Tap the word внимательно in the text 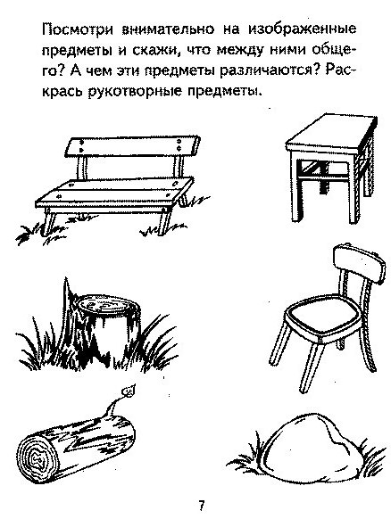tap(169, 29)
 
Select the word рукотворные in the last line tap(136, 91)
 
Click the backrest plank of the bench tap(133, 146)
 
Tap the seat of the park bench tap(115, 193)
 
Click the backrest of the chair tap(359, 263)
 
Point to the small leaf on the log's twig tap(128, 391)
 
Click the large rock tap(312, 443)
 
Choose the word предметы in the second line tap(77, 51)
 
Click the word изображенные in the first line tap(303, 29)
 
